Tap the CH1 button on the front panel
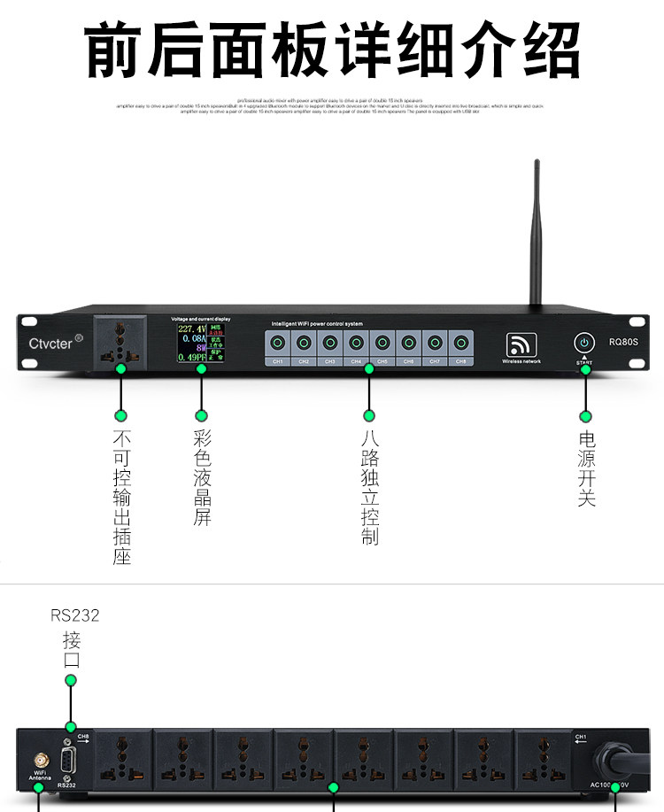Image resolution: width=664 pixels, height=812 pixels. pyautogui.click(x=277, y=343)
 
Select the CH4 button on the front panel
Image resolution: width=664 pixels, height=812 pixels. pyautogui.click(x=356, y=343)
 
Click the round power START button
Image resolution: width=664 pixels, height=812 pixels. pyautogui.click(x=584, y=343)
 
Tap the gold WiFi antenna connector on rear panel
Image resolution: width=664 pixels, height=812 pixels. pyautogui.click(x=40, y=761)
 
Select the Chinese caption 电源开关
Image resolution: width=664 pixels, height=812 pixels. pyautogui.click(x=586, y=468)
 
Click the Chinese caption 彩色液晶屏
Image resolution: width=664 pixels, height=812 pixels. pyautogui.click(x=202, y=478)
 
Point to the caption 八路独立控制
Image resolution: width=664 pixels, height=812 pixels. pyautogui.click(x=370, y=487)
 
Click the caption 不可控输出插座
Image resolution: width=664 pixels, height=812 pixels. pyautogui.click(x=122, y=498)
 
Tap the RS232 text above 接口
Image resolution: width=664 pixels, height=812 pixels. pyautogui.click(x=75, y=615)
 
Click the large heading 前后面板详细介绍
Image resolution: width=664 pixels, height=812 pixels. pyautogui.click(x=332, y=50)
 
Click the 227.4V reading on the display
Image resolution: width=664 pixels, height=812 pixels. pyautogui.click(x=191, y=329)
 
